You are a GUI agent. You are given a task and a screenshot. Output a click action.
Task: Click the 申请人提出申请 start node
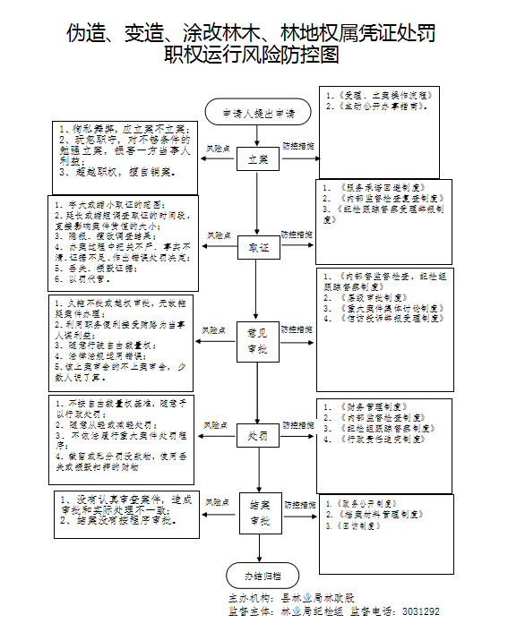pyautogui.click(x=258, y=113)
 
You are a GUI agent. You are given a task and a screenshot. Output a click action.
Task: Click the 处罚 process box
pyautogui.click(x=258, y=438)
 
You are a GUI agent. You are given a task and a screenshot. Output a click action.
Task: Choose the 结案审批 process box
pyautogui.click(x=258, y=514)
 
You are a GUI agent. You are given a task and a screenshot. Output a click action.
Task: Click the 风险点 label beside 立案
pyautogui.click(x=219, y=147)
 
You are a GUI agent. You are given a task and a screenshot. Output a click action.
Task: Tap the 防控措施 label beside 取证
pyautogui.click(x=297, y=235)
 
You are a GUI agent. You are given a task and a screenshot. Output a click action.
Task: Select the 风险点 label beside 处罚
pyautogui.click(x=219, y=424)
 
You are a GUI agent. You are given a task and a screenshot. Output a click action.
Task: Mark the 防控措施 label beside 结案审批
pyautogui.click(x=297, y=502)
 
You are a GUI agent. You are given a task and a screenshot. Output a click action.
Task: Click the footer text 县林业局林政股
pyautogui.click(x=317, y=597)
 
